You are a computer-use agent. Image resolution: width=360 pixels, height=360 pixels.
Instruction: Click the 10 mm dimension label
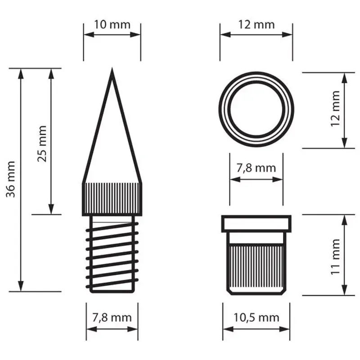112,25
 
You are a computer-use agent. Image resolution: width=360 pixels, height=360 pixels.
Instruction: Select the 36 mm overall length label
10,179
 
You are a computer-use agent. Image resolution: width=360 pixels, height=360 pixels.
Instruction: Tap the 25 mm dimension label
42,144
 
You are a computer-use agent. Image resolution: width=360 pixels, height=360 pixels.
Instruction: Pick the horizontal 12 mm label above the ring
256,25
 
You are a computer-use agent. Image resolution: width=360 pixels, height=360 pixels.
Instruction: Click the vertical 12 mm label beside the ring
335,108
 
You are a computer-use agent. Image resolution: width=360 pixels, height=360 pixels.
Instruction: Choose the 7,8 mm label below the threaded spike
112,318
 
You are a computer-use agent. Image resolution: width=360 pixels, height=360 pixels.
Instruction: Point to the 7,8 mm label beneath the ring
256,168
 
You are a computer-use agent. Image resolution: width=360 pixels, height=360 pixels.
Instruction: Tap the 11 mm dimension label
335,256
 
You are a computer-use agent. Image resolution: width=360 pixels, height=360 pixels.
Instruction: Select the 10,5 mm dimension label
256,318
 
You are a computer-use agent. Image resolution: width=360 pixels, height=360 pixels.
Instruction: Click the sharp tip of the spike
112,68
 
